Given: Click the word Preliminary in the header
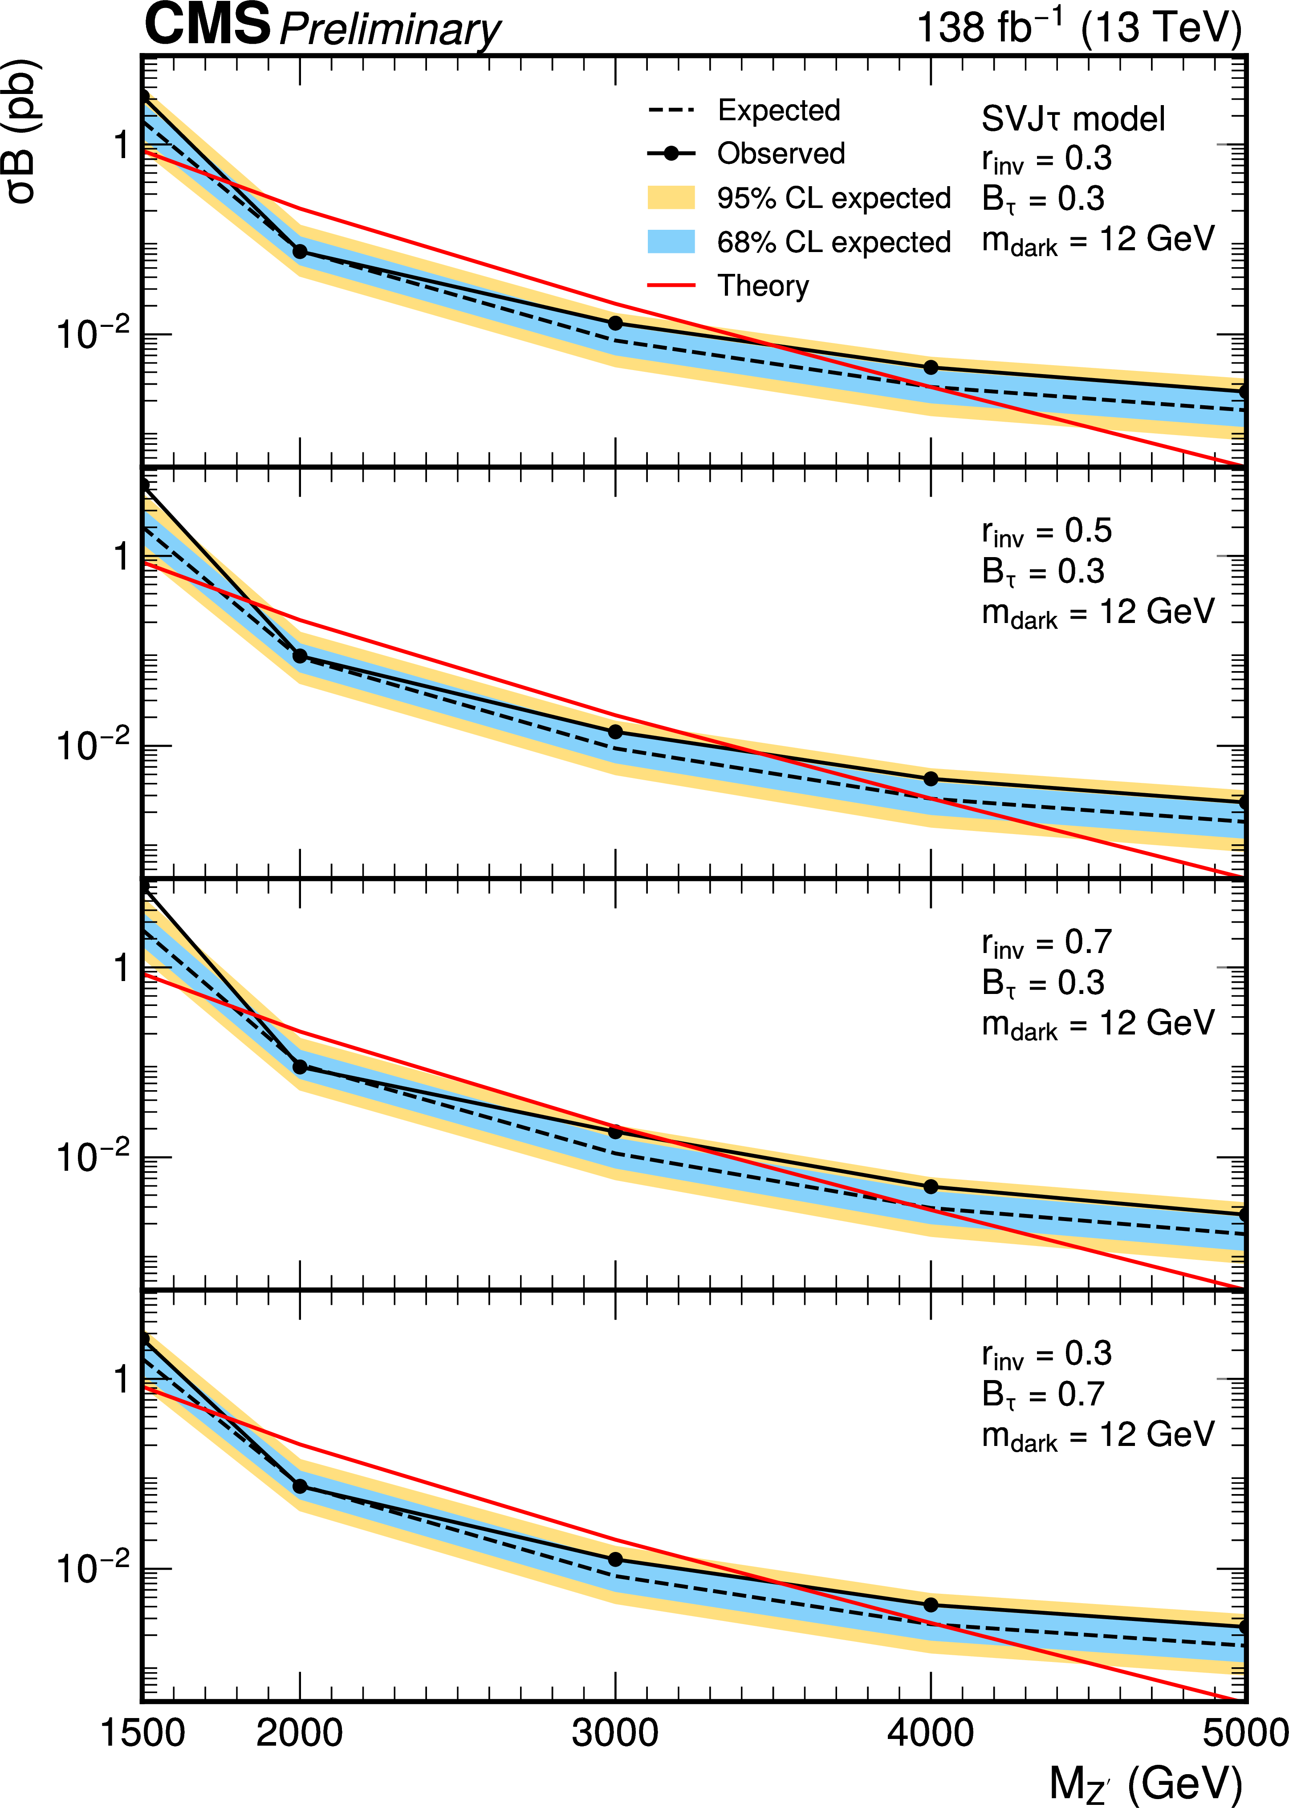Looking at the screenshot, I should [x=389, y=30].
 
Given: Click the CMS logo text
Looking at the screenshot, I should [x=208, y=24].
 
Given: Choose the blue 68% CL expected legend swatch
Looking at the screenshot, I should [x=671, y=241].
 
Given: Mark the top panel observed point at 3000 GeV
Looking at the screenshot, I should [x=615, y=323].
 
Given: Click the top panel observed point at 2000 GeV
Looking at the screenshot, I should [x=300, y=252].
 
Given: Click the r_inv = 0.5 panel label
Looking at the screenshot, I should [x=1046, y=532].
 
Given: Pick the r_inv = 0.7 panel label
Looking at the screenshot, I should [x=1046, y=943].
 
